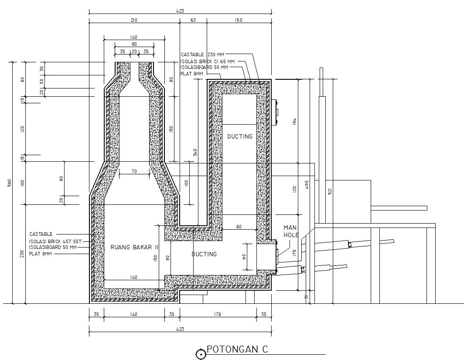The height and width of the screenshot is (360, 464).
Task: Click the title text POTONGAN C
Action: [x=237, y=350]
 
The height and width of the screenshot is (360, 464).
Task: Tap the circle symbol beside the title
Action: [x=201, y=354]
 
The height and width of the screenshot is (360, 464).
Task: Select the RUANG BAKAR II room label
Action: [x=134, y=247]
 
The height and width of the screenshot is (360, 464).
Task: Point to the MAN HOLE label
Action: [x=290, y=231]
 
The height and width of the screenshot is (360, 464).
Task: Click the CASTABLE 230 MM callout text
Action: [x=204, y=54]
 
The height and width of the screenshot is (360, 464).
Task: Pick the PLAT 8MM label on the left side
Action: [x=41, y=253]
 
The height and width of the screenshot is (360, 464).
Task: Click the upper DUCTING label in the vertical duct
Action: [x=240, y=136]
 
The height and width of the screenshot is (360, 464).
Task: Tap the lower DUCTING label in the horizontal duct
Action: [x=204, y=254]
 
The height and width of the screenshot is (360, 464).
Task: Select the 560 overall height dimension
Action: [x=10, y=183]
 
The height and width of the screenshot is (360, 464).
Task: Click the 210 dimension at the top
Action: [x=134, y=20]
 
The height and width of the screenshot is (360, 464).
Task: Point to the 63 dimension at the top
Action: [x=193, y=20]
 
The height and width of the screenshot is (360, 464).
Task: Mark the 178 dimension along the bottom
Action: [x=218, y=314]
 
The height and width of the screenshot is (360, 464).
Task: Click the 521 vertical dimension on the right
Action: [x=330, y=190]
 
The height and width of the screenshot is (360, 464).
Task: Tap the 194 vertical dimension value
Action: [x=295, y=122]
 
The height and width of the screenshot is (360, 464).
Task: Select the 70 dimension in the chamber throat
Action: [x=134, y=171]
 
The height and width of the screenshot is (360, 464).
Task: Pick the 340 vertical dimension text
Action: [x=195, y=152]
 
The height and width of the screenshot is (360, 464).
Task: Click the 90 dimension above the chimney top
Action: [x=134, y=44]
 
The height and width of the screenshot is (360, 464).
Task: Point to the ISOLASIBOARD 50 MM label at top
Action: [x=204, y=68]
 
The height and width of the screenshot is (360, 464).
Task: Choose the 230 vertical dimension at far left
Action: [x=22, y=254]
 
